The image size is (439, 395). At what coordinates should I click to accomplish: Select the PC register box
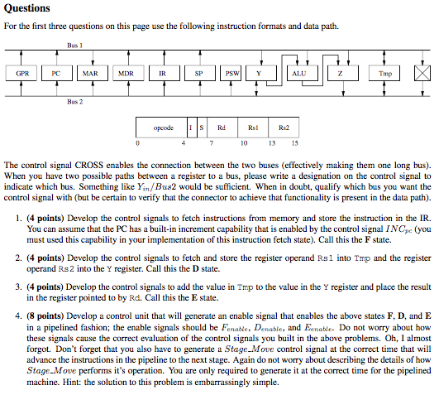55,72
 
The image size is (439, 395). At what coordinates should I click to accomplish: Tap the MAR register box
90,72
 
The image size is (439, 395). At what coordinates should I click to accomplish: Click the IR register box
163,72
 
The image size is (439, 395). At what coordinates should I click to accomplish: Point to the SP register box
198,72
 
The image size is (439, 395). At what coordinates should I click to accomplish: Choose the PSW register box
233,72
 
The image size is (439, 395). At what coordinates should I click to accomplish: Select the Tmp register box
385,72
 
